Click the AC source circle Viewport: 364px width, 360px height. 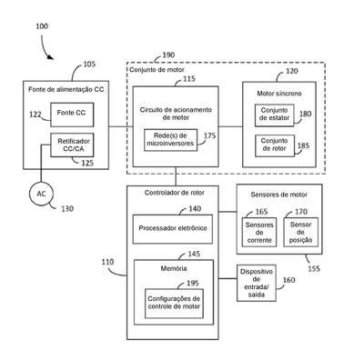(41, 195)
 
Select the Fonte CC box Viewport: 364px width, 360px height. (72, 115)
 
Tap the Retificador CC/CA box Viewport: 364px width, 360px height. (72, 145)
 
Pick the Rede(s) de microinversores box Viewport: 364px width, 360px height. (170, 140)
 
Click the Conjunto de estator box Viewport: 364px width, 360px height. (275, 115)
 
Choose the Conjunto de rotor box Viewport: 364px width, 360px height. (275, 145)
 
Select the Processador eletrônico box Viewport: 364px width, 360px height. (173, 229)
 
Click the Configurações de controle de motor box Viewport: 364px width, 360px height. (174, 304)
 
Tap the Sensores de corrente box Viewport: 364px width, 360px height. (259, 232)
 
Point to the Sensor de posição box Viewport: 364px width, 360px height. (300, 232)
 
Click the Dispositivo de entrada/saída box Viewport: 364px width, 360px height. (257, 283)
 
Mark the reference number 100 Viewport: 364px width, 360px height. (42, 26)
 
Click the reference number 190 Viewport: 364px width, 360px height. (168, 55)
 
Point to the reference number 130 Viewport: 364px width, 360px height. (67, 209)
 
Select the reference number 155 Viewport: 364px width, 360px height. (314, 269)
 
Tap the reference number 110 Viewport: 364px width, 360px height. (107, 262)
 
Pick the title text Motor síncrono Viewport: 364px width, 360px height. (279, 94)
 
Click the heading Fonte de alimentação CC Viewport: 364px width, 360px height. (66, 89)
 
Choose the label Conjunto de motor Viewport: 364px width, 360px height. (157, 70)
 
